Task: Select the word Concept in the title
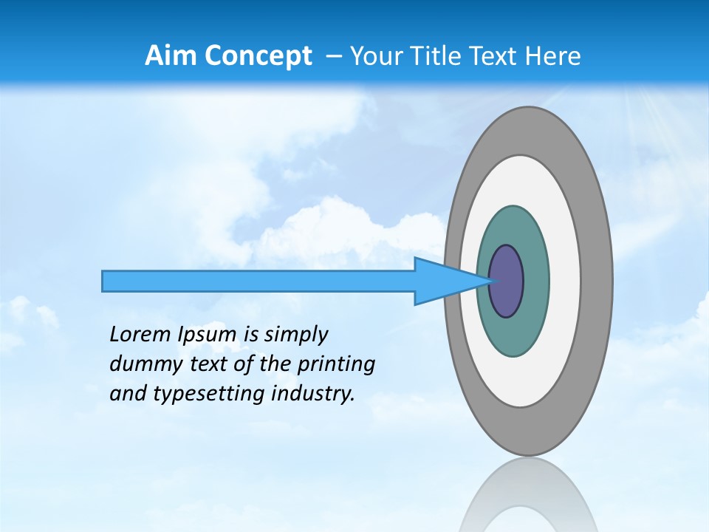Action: click(x=258, y=56)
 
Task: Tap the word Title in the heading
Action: click(x=440, y=56)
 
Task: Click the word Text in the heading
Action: click(x=496, y=56)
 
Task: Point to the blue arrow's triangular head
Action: click(x=443, y=282)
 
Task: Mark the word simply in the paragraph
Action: click(x=295, y=335)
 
